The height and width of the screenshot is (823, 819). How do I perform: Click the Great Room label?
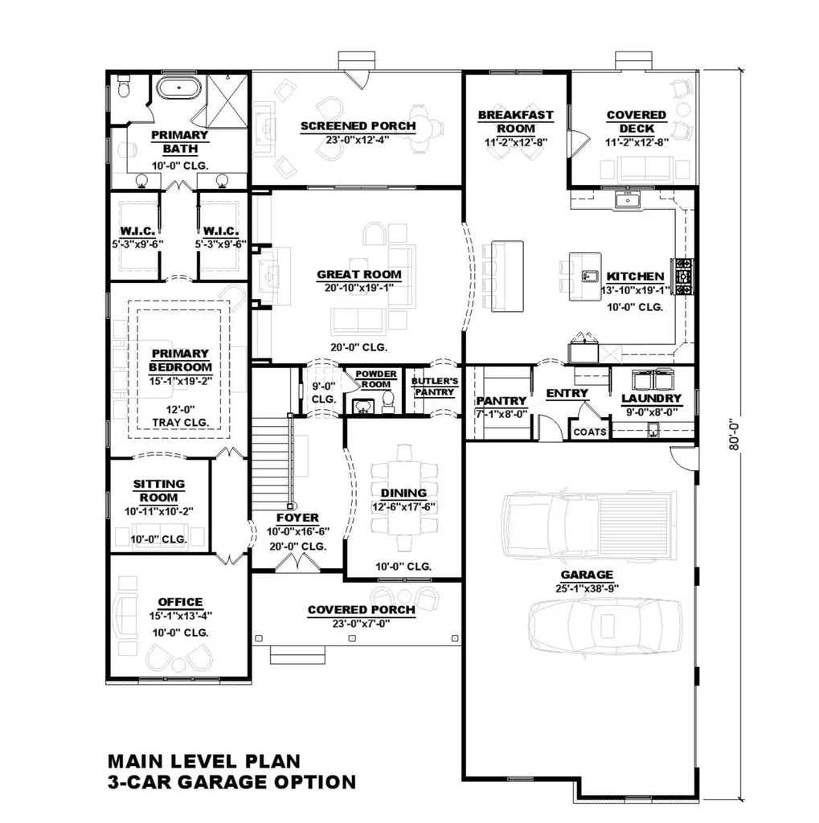click(358, 274)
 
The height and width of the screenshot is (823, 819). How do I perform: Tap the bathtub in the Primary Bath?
click(179, 88)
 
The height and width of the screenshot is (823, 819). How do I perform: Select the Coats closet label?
click(590, 432)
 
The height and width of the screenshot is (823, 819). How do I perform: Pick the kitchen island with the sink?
click(586, 276)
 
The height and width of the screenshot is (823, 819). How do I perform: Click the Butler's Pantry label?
click(434, 386)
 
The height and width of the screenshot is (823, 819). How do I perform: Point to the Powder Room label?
click(376, 379)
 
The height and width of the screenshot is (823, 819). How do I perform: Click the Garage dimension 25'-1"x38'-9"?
click(588, 588)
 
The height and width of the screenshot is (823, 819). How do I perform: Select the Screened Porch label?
click(358, 126)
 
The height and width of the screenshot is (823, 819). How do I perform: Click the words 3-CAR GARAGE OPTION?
click(231, 781)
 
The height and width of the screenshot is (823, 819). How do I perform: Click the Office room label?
click(180, 602)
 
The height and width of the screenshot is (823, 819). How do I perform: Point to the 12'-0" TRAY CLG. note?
click(180, 416)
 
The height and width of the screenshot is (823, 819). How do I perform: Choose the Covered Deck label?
click(636, 121)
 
